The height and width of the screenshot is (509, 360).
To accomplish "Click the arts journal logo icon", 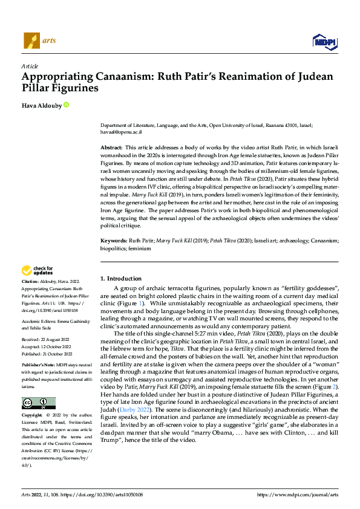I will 31,41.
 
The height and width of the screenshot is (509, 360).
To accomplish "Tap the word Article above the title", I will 29,66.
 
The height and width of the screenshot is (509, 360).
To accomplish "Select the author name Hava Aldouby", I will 41,105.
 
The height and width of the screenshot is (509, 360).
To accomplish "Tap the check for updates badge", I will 39,271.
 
